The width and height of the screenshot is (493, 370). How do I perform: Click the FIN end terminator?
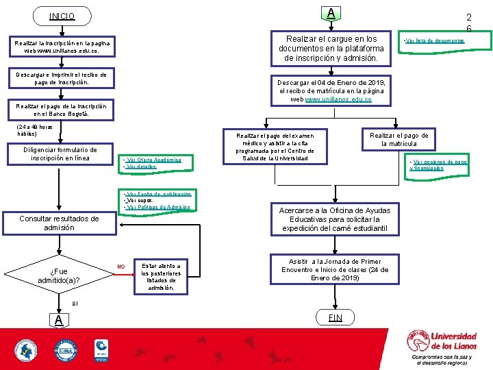(x=335, y=317)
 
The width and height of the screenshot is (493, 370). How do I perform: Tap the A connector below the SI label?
(x=59, y=320)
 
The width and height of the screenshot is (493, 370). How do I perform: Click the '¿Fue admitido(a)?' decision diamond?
(x=59, y=275)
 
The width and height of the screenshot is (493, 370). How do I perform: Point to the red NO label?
(x=121, y=267)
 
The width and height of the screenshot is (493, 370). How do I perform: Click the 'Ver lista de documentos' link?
(x=435, y=40)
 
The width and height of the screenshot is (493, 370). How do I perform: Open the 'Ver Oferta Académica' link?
(x=152, y=160)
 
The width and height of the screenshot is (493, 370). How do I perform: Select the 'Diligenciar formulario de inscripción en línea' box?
(x=60, y=153)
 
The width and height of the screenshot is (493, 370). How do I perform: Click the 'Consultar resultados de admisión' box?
(x=59, y=223)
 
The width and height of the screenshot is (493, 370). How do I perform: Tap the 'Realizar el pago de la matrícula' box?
(x=399, y=140)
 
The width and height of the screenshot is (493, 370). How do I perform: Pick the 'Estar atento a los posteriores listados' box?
(x=161, y=276)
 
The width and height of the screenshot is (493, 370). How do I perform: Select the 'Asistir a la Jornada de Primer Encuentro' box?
(x=335, y=270)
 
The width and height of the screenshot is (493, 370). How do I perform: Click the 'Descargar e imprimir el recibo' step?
(x=62, y=78)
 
